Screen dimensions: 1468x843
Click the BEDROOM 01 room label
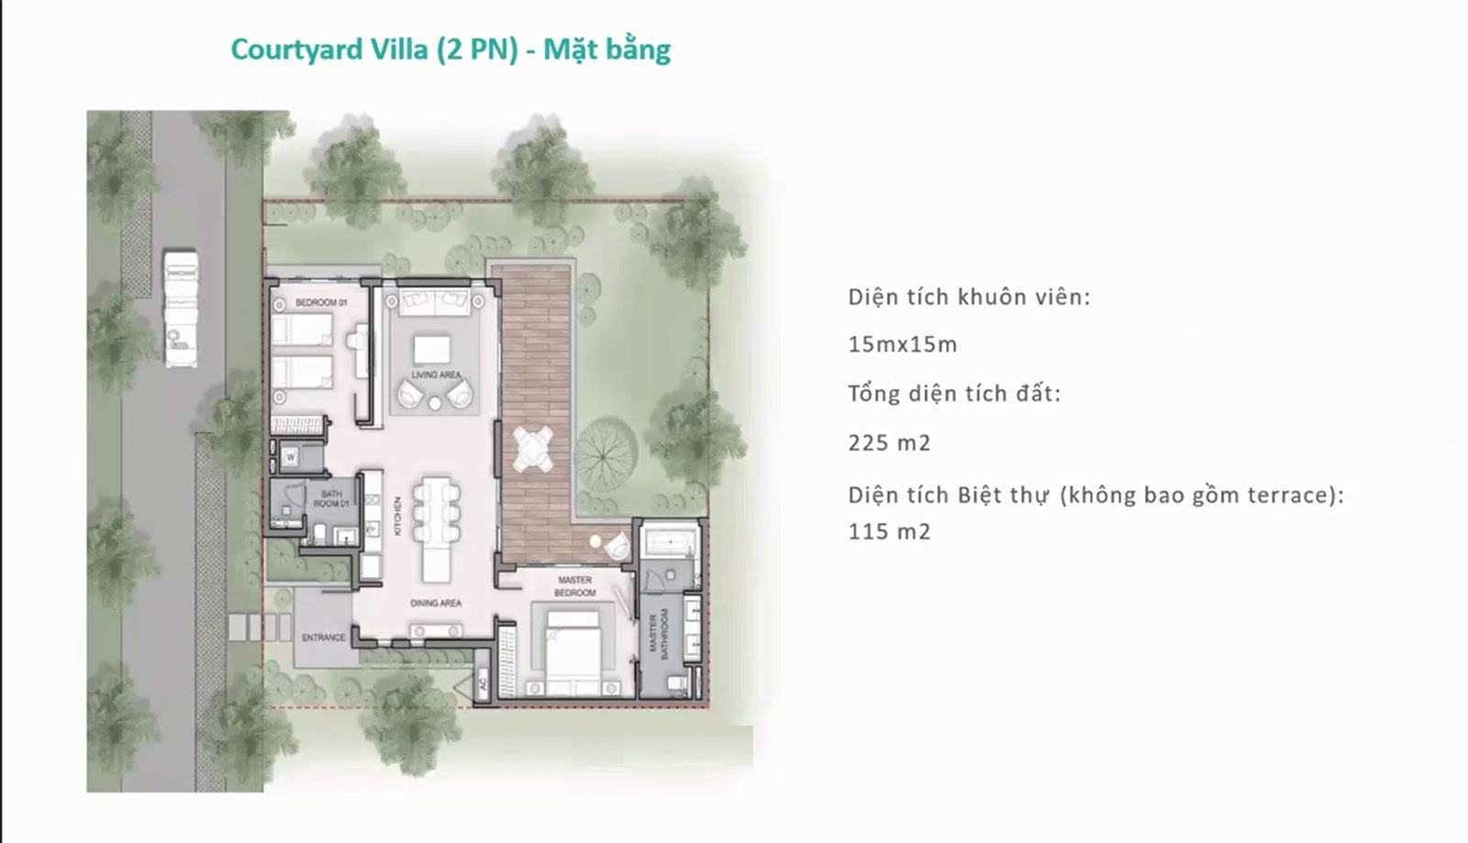coord(321,303)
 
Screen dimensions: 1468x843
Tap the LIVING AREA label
coord(437,374)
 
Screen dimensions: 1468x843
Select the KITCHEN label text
coord(398,516)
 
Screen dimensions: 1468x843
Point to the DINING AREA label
coord(436,603)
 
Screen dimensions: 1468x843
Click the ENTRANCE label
coord(323,638)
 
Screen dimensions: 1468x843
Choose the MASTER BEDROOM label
coord(574,586)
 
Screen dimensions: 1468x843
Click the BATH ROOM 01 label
coord(331,498)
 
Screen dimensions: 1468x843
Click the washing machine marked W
coord(290,457)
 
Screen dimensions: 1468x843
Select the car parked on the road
coord(180,307)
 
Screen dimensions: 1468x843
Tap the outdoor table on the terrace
coord(533,449)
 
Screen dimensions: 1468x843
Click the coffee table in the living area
coord(432,349)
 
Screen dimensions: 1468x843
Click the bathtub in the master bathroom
coord(670,542)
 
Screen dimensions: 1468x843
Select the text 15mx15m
coord(903,345)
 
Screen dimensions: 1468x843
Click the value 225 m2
coord(889,443)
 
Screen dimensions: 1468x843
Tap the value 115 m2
coord(889,531)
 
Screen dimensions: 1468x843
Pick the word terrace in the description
coord(1285,495)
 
